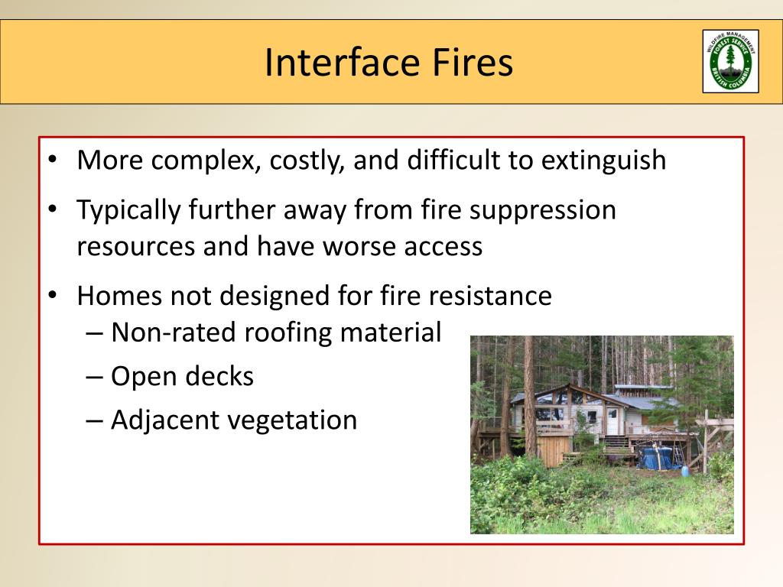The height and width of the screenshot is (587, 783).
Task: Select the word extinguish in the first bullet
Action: [603, 161]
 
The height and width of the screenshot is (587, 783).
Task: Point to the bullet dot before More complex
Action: [52, 161]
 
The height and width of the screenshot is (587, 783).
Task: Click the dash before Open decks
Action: [94, 377]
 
